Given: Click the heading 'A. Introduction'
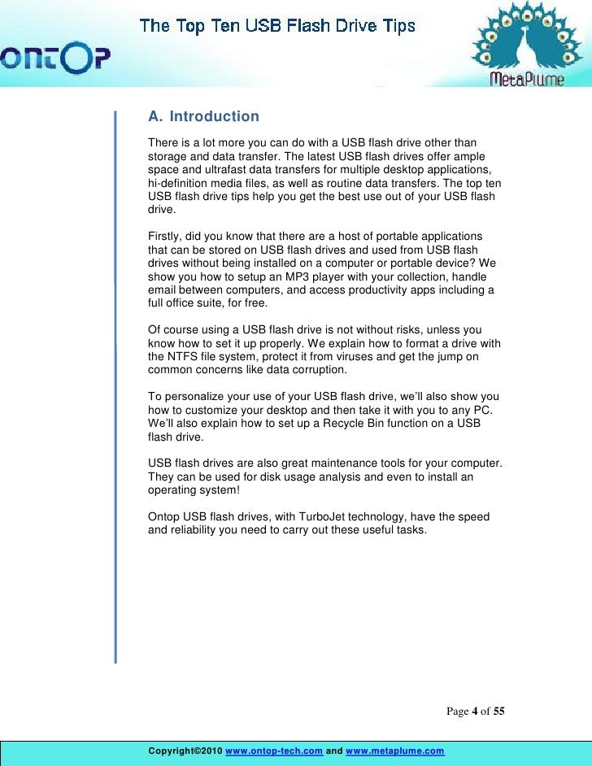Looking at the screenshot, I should [203, 117].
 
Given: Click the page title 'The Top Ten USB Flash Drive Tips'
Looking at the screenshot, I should [277, 26].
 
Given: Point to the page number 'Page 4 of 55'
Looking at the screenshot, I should [476, 712].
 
